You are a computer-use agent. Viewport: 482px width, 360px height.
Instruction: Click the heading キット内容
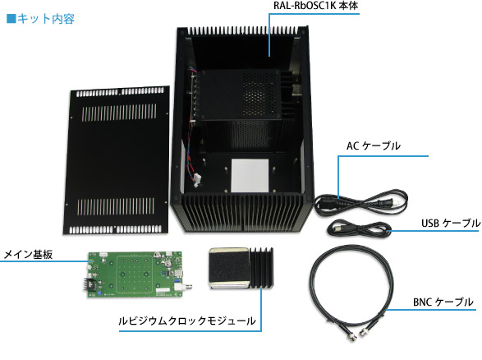(x=46, y=19)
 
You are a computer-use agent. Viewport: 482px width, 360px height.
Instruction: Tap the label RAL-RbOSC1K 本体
(x=315, y=6)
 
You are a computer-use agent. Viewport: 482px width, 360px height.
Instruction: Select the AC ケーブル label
(x=374, y=145)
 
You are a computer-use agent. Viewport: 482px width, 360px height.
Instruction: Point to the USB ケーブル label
(x=451, y=223)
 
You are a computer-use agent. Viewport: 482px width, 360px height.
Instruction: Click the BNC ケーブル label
(x=443, y=302)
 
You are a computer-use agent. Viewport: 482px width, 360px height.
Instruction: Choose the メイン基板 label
(x=28, y=255)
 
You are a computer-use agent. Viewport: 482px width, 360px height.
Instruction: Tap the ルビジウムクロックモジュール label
(x=187, y=321)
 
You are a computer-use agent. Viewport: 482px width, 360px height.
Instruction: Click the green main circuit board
(x=135, y=275)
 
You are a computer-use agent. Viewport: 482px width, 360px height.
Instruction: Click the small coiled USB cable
(x=358, y=228)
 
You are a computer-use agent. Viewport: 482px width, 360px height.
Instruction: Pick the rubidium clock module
(x=241, y=268)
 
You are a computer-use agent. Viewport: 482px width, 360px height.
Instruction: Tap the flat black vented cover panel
(x=117, y=160)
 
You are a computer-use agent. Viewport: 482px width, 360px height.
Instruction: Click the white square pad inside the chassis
(x=250, y=175)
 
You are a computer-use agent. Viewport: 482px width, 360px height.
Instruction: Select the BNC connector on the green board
(x=181, y=288)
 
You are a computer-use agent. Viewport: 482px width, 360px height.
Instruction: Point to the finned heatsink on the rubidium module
(x=262, y=268)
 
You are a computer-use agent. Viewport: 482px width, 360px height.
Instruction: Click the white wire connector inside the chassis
(x=197, y=180)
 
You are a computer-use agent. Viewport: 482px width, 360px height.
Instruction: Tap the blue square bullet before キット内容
(x=11, y=19)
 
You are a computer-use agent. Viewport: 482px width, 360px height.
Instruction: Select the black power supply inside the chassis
(x=240, y=95)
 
